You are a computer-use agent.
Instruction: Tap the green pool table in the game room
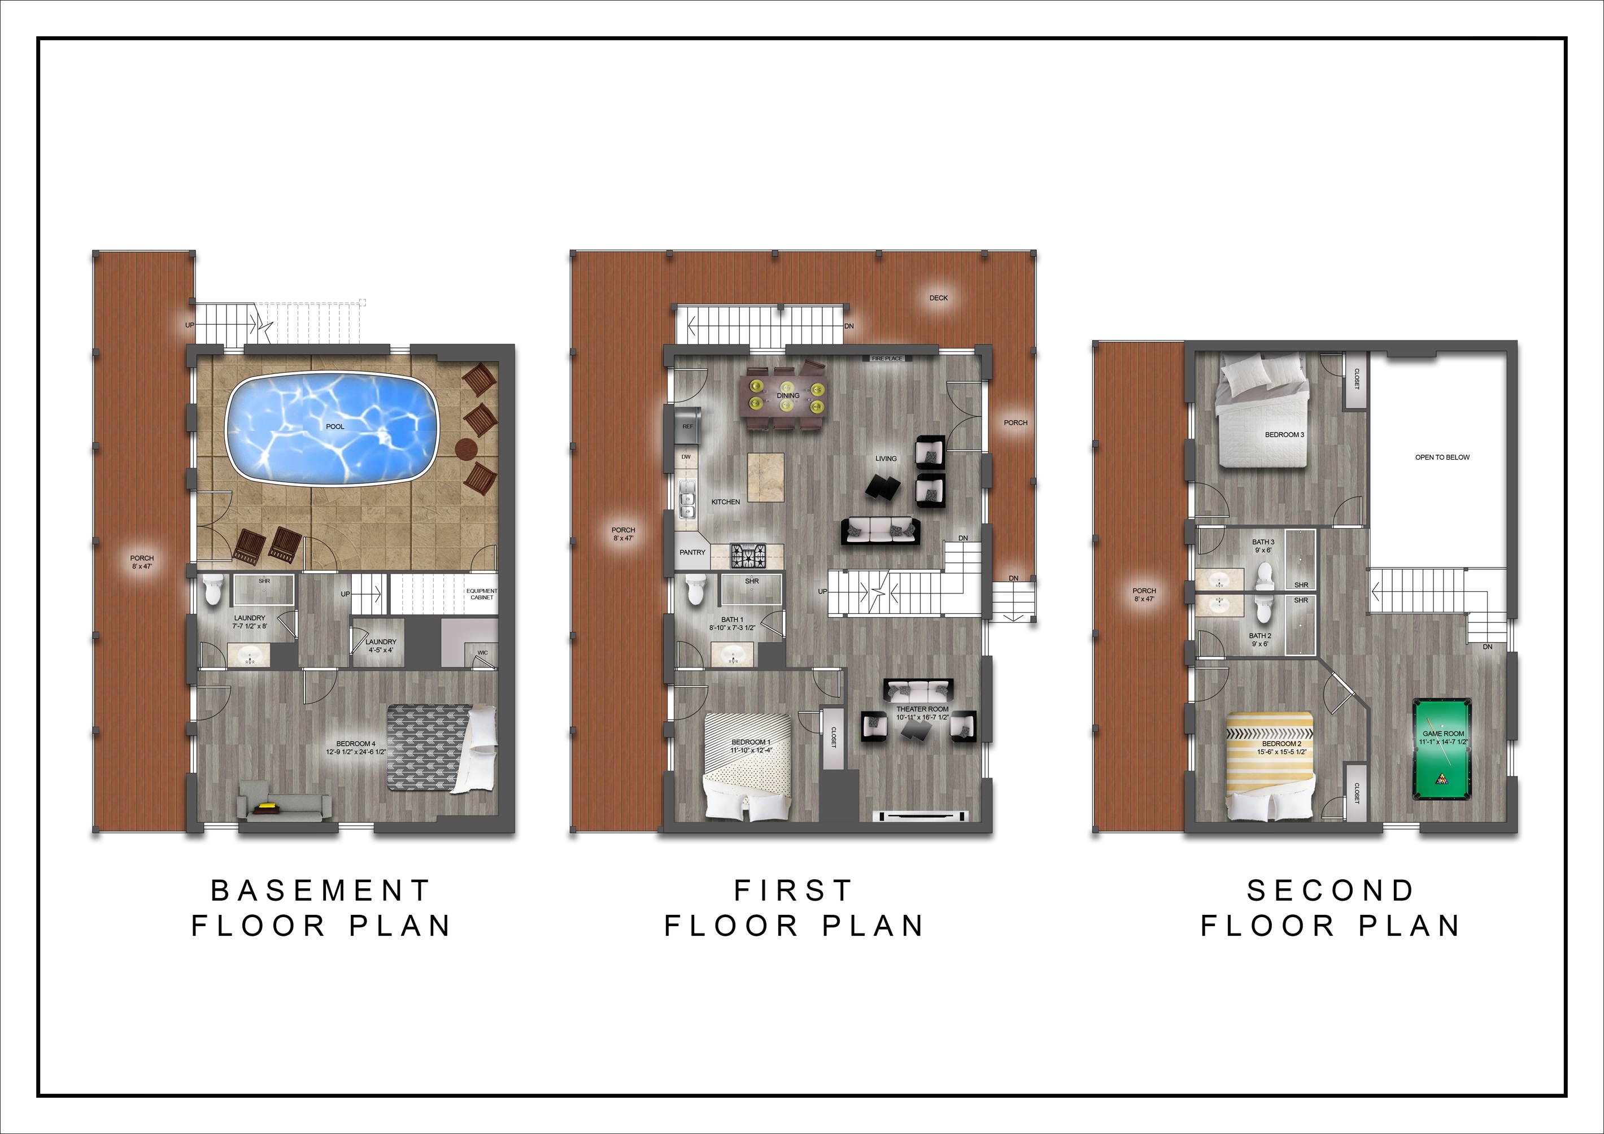point(1442,748)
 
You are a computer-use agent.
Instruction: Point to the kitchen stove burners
point(748,556)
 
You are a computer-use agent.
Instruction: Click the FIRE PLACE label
point(887,359)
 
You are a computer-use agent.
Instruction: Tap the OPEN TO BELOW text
point(1442,457)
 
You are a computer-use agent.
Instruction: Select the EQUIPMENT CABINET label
point(482,594)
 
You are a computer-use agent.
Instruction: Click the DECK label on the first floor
point(938,298)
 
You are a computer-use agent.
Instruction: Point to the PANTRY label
point(692,552)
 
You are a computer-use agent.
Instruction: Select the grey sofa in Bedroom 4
point(284,808)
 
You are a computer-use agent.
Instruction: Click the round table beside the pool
point(466,447)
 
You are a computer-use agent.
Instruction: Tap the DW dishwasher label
point(686,457)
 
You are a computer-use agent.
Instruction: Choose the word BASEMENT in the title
point(321,890)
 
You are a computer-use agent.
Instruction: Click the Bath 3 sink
point(1219,580)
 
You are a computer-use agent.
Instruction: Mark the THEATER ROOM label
point(922,709)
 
